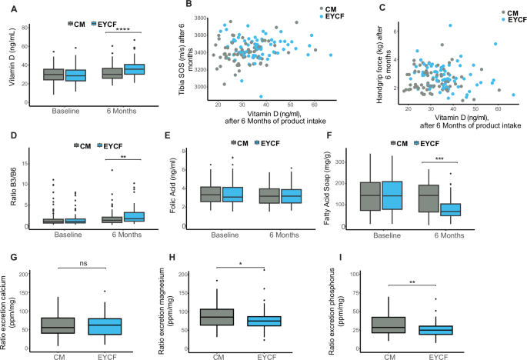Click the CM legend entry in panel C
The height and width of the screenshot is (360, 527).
[x=511, y=13]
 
